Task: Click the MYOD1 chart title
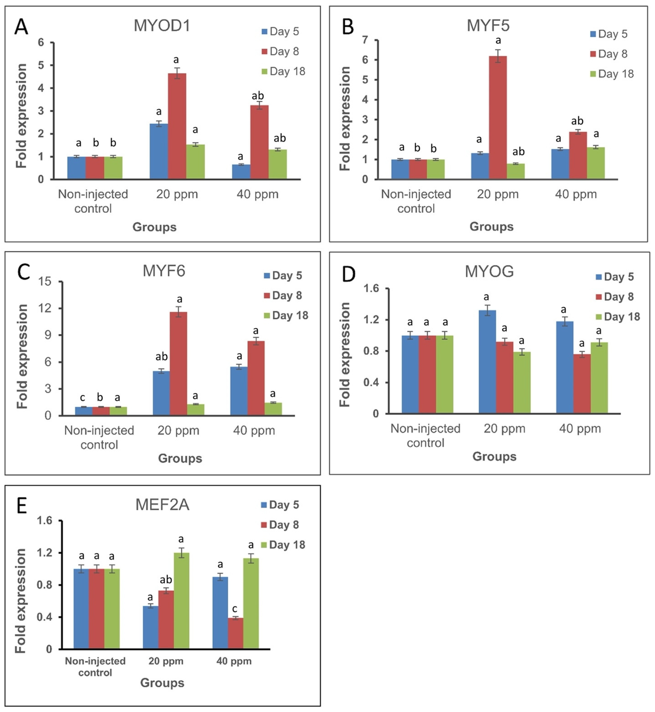point(162,26)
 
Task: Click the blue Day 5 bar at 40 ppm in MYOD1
point(241,172)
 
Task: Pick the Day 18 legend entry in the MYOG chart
point(618,316)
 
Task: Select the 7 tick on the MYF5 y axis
point(365,40)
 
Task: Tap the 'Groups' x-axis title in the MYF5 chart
point(491,227)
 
